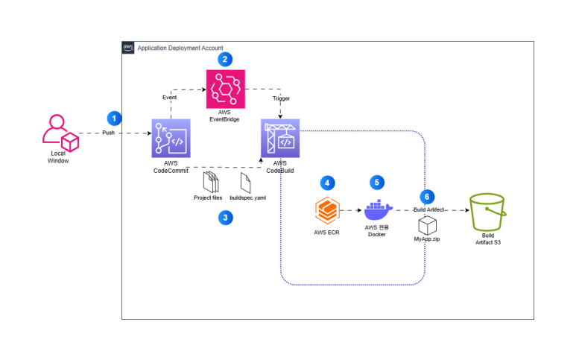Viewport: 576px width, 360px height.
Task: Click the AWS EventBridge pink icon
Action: tap(226, 89)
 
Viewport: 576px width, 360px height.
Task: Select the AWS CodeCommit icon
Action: tap(171, 138)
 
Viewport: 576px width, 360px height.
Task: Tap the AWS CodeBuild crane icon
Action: tap(280, 138)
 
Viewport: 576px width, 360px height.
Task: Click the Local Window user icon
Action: tap(60, 133)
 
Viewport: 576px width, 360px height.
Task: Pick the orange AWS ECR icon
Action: tap(327, 210)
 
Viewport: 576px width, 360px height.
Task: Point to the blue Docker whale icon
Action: tap(378, 210)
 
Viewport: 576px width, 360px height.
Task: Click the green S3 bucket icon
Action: tap(488, 212)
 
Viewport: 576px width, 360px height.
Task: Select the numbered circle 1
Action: tap(114, 119)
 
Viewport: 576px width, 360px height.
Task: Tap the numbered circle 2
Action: tap(225, 59)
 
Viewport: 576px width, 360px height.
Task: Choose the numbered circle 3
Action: tap(226, 218)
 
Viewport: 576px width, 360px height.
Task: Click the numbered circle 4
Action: tap(327, 183)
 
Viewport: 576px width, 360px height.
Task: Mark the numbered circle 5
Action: tap(377, 183)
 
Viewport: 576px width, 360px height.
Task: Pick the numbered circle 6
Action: tap(427, 197)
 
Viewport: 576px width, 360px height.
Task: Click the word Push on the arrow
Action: tap(108, 133)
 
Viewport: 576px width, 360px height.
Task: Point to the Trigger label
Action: tap(281, 98)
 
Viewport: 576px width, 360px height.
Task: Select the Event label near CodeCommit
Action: tap(169, 98)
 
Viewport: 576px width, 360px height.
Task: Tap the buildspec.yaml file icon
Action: tap(245, 183)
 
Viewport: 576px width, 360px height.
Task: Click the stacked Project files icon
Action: tap(211, 182)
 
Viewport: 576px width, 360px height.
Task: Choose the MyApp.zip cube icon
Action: tap(428, 226)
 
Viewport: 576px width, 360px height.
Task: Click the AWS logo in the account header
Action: tap(128, 48)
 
